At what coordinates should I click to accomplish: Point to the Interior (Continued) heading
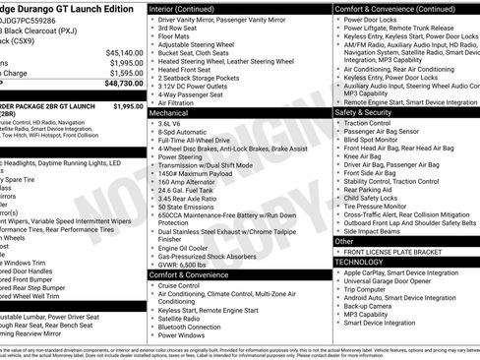pyautogui.click(x=196, y=8)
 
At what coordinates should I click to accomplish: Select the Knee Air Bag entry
pyautogui.click(x=361, y=155)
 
